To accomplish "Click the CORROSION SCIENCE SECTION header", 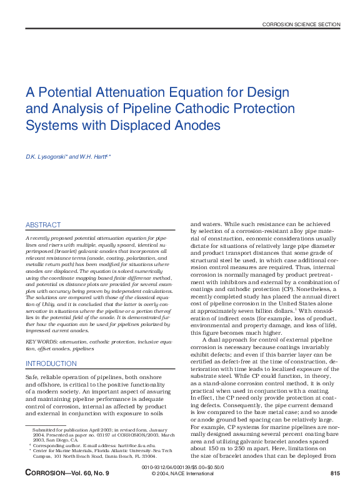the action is (x=301, y=24).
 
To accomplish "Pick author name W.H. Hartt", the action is (x=94, y=156).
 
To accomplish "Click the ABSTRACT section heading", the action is (x=43, y=225).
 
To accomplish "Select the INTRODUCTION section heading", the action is (x=51, y=363).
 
